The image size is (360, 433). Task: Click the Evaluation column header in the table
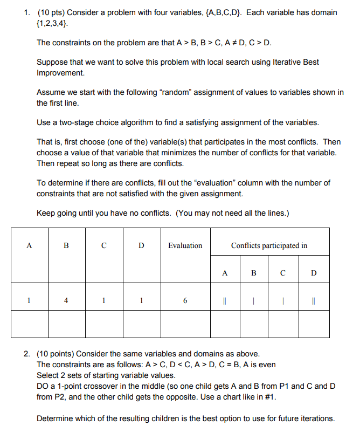pos(185,246)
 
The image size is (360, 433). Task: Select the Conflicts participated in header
pos(269,246)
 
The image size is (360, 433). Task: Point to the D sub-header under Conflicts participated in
pos(314,273)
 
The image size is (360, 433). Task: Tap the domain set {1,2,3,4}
pos(53,23)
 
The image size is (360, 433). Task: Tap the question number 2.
pos(26,354)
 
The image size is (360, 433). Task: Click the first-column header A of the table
pos(29,246)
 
